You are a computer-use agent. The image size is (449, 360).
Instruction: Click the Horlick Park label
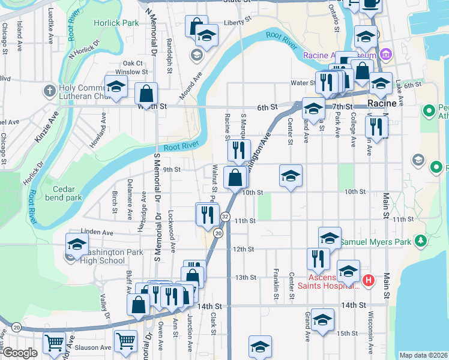[116, 23]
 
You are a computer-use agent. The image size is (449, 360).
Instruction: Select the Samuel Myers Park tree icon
[421, 241]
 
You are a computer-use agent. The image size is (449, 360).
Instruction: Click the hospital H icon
[368, 280]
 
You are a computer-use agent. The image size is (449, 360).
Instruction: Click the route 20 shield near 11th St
[218, 233]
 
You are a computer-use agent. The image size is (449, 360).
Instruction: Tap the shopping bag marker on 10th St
[235, 178]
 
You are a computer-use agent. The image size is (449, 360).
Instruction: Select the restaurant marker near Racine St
[240, 151]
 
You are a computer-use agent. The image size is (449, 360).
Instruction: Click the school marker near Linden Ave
[76, 245]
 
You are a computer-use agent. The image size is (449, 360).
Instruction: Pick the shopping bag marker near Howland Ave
[146, 94]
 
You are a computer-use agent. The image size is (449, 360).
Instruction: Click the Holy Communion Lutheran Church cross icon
[49, 92]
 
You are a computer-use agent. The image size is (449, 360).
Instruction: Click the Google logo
[20, 353]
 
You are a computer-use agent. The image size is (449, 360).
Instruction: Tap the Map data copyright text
[423, 355]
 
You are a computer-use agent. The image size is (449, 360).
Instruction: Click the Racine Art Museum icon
[385, 55]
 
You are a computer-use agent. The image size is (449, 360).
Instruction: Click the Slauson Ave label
[97, 347]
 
